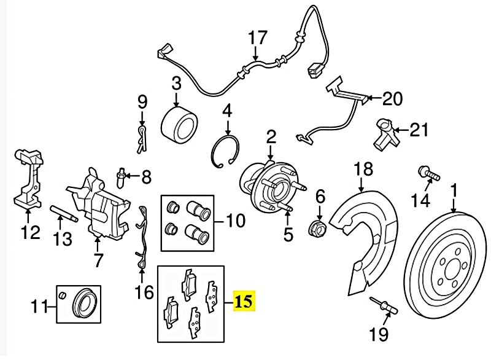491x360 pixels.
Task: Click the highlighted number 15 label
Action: (244, 302)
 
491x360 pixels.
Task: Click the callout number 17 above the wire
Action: (258, 39)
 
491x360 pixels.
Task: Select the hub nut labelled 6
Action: (320, 226)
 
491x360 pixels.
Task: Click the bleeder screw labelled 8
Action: (123, 179)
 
